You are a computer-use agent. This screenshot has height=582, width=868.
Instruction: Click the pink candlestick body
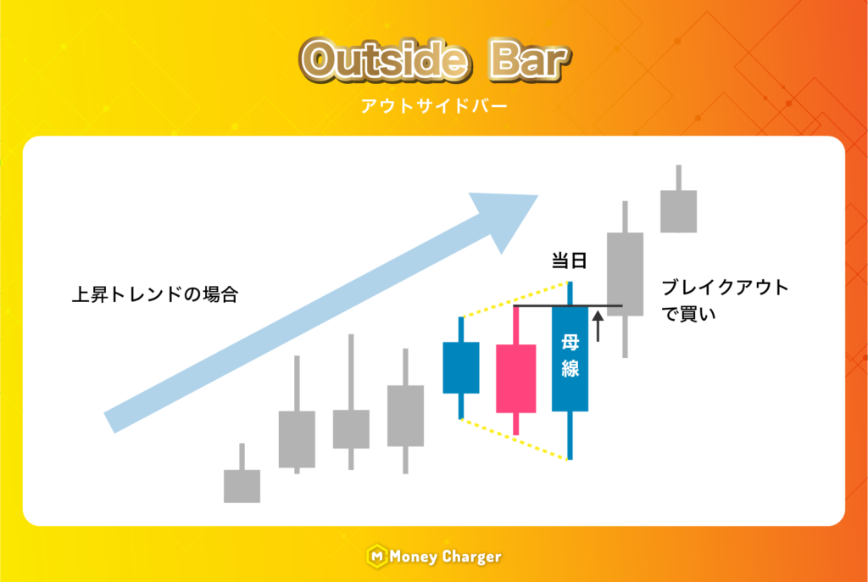point(515,378)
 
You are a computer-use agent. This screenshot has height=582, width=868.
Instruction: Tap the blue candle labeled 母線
point(570,359)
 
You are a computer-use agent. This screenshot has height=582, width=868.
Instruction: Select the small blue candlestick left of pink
point(460,367)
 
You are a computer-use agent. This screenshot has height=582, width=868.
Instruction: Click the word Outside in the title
point(386,60)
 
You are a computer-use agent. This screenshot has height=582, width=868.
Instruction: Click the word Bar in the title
point(529,60)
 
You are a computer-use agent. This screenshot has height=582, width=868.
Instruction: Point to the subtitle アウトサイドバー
point(434,106)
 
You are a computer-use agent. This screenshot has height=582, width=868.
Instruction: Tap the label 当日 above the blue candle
point(569,260)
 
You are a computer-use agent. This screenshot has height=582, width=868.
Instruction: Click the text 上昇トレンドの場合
point(155,294)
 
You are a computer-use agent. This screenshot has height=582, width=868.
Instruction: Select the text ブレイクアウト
point(726,288)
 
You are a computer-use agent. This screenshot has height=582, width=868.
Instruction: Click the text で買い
point(689,314)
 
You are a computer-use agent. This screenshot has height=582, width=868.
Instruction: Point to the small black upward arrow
point(598,326)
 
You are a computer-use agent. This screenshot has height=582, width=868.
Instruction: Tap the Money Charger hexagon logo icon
point(376,556)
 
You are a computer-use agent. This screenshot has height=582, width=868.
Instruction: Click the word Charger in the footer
point(472,557)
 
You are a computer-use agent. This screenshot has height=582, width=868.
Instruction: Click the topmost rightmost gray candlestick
point(679,199)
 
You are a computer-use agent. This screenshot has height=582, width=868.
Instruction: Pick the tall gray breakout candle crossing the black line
point(625,279)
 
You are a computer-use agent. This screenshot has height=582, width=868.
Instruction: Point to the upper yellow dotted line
point(515,299)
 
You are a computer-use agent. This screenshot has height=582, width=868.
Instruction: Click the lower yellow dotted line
point(515,439)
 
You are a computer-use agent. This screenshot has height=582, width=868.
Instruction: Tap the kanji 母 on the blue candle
point(570,343)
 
